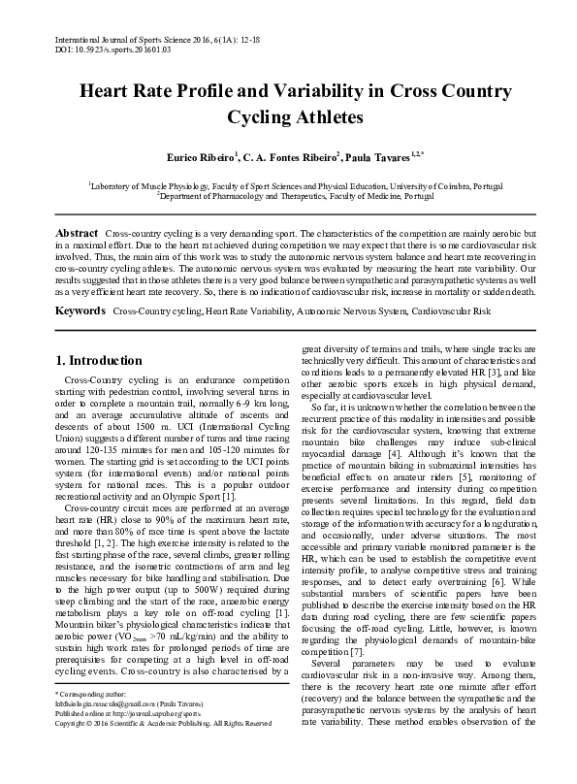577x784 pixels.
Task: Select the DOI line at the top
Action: click(x=108, y=45)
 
